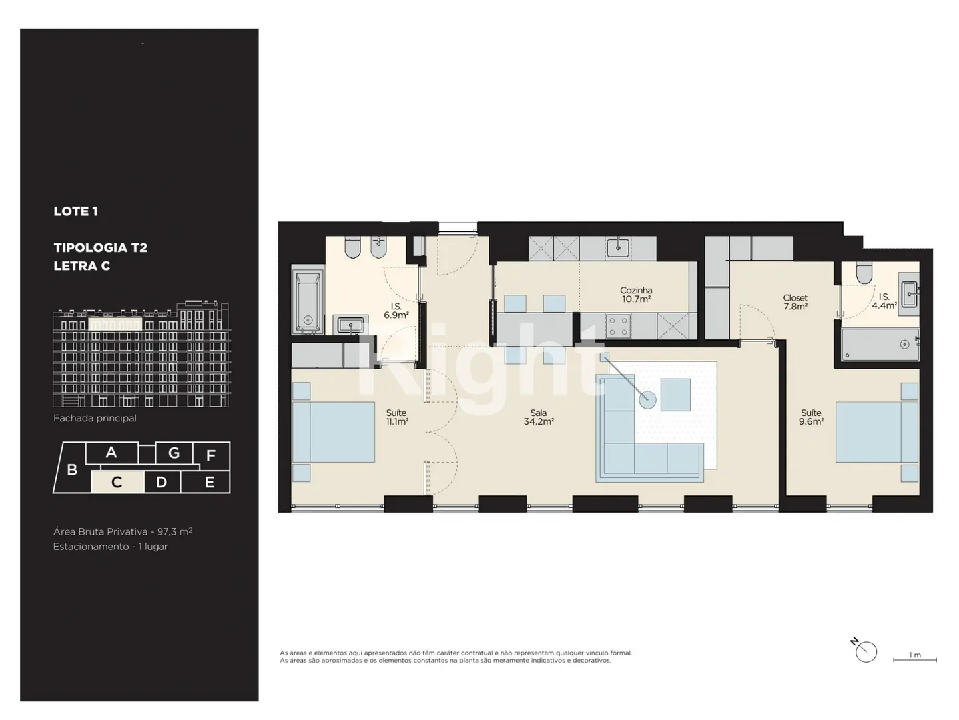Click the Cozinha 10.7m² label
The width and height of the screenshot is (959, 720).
pos(636,295)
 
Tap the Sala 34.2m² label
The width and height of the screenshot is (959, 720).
pos(539,417)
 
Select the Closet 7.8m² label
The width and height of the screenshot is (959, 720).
pos(795,302)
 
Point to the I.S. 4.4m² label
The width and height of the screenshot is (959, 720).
pos(884,301)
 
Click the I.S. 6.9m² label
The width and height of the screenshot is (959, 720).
pos(396,311)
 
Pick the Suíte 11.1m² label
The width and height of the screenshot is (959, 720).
pos(396,417)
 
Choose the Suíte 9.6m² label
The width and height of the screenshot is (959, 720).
pos(811,417)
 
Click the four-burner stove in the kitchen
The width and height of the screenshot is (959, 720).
pos(618,326)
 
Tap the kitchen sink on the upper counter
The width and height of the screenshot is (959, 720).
pos(618,248)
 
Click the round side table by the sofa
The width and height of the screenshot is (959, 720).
pos(647,399)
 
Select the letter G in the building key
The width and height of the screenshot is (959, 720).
pos(174,453)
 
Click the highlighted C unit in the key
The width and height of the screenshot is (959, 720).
pos(117,482)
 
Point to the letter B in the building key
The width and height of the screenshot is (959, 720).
pos(72,469)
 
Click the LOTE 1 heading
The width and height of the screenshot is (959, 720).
pos(75,211)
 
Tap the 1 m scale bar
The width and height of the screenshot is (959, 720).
pos(915,660)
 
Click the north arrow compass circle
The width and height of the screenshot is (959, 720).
pos(866,652)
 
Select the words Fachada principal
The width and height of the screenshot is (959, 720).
pos(95,419)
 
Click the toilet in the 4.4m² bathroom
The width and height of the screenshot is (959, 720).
pos(864,273)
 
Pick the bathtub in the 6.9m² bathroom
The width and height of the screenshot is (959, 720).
pos(308,301)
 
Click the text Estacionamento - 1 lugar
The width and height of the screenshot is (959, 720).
pos(111,547)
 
